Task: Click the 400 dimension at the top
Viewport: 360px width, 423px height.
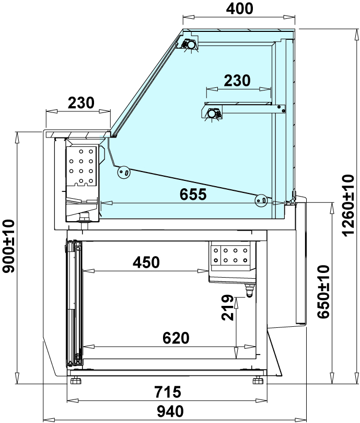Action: tap(239, 9)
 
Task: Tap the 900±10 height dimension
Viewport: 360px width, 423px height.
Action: tap(8, 246)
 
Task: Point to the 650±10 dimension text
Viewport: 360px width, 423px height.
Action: tap(323, 292)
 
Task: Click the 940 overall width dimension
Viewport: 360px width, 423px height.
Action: tap(170, 411)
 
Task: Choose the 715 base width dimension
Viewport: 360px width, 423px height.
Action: tap(168, 392)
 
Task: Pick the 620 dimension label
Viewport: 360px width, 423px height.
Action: tap(176, 338)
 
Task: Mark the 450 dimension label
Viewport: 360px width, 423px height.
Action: tap(146, 262)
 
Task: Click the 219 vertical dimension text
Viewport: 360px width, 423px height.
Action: tap(228, 307)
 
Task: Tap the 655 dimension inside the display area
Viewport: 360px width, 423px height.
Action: tap(193, 194)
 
